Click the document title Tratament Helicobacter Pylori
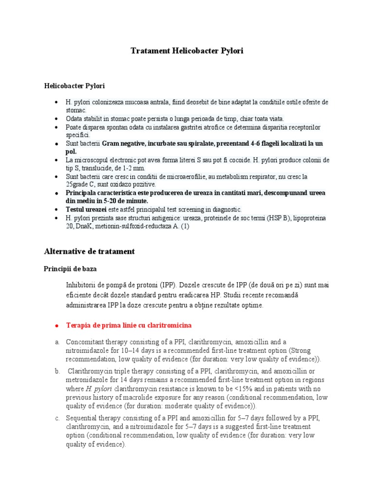[187, 51]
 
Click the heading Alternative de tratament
[89, 251]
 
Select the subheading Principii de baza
[73, 269]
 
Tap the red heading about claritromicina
[129, 325]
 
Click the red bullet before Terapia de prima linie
[56, 325]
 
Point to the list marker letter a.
[56, 342]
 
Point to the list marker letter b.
[56, 372]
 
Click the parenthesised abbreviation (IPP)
[169, 285]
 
